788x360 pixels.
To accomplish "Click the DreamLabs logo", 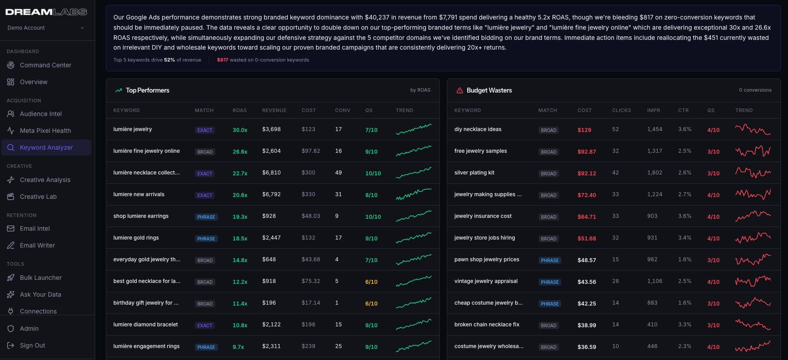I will (46, 12).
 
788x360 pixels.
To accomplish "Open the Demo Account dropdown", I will (46, 28).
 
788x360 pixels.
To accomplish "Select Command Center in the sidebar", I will (45, 65).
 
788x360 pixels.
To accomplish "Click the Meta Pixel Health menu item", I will (45, 131).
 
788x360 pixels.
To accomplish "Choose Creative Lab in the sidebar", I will (38, 197).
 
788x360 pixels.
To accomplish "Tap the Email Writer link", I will (37, 245).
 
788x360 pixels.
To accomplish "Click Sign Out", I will (32, 345).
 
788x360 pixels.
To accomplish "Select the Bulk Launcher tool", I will (41, 278).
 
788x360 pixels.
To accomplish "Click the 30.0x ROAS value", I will (240, 130).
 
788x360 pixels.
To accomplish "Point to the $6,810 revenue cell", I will (271, 173).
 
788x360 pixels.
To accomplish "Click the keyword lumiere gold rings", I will (136, 238).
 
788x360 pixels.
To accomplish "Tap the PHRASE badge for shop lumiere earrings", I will (206, 217).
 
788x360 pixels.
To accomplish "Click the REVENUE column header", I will (274, 110).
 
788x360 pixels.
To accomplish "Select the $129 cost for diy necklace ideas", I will (584, 130).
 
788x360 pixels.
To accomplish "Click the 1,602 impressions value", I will (655, 173).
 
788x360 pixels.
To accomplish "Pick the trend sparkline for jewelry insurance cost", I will (753, 216).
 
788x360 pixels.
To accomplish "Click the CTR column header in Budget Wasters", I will (683, 110).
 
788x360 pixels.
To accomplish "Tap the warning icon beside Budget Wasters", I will (460, 90).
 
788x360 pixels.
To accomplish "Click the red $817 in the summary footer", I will (222, 60).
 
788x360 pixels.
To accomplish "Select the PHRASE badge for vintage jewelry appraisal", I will (550, 282).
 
